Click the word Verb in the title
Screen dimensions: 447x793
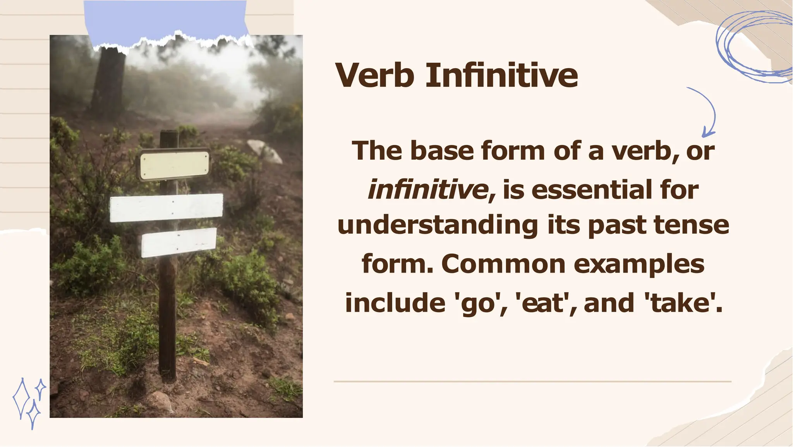pos(375,75)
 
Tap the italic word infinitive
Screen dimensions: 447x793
pos(428,190)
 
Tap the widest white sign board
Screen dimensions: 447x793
pos(166,208)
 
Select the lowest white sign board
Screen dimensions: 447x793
pos(179,243)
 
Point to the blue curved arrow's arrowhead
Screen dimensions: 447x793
pos(707,133)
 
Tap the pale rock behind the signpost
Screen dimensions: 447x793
pos(266,151)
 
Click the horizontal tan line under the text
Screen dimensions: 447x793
pos(532,381)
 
